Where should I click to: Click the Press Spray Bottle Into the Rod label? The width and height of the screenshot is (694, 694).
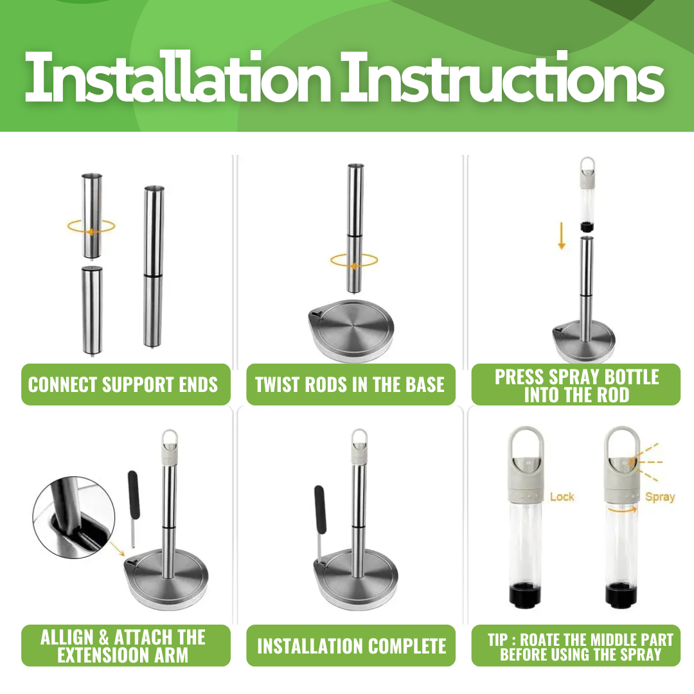(x=576, y=384)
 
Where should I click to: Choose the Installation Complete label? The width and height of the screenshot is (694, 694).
(x=351, y=645)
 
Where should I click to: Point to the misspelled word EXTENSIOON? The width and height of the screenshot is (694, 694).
(x=102, y=655)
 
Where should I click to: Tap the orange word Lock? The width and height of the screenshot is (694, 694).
(x=562, y=497)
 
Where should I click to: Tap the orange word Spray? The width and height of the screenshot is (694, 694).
(x=659, y=497)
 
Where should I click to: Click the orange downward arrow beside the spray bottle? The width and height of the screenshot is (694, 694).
(x=562, y=236)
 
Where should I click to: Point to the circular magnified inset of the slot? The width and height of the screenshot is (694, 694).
(x=74, y=517)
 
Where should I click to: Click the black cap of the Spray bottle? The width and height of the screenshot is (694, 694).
(x=621, y=596)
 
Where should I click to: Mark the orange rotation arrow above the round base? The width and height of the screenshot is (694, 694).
(x=354, y=260)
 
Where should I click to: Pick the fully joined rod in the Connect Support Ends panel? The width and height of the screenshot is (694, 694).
(x=154, y=267)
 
